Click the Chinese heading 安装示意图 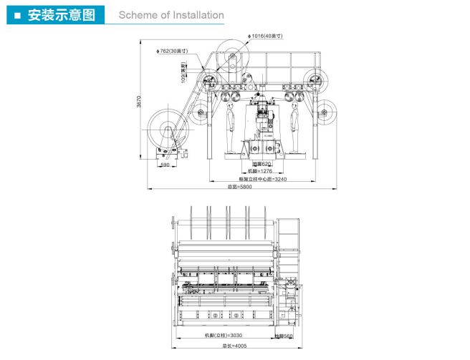[61, 15]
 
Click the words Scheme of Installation [171, 15]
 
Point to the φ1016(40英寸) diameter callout [267, 35]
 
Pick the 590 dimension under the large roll [164, 165]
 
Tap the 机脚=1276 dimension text [262, 172]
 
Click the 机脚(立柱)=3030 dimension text [224, 335]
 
